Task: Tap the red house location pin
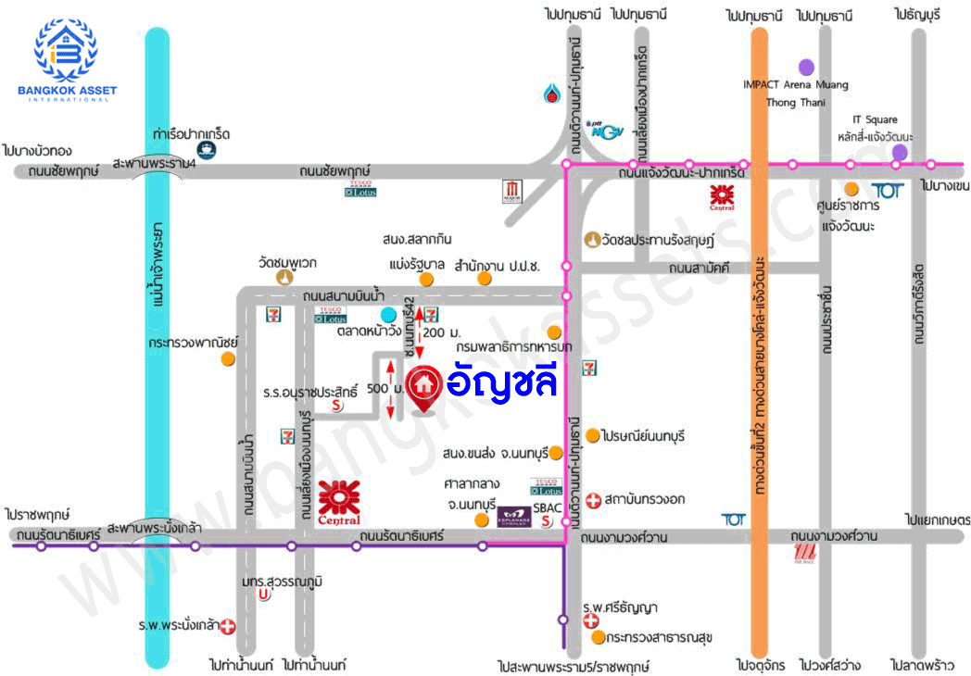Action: pos(425,385)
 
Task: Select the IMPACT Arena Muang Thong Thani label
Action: pos(795,93)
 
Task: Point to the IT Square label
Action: pos(875,119)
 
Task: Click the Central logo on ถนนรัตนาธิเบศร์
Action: pos(338,503)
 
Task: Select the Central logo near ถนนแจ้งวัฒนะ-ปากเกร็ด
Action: pos(722,197)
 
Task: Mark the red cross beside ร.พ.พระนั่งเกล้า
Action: pos(227,626)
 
